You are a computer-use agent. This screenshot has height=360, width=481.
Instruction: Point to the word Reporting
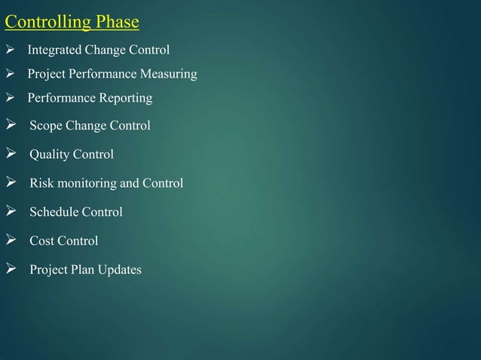(123, 99)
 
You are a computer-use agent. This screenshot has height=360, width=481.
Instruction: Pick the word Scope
(45, 126)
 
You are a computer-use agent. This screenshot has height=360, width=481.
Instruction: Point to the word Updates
(118, 270)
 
